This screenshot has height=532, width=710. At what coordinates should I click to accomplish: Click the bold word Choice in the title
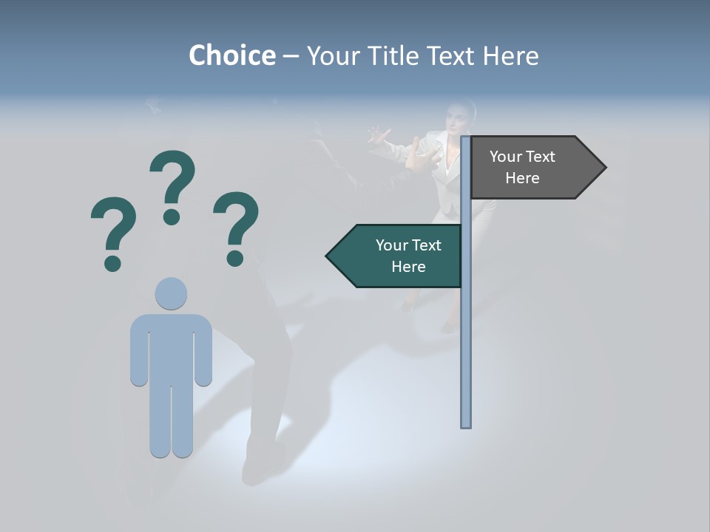[x=231, y=55]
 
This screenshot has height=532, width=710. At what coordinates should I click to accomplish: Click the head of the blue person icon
[x=171, y=293]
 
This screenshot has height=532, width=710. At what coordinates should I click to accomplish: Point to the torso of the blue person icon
[x=171, y=347]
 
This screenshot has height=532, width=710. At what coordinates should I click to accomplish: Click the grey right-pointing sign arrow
[x=532, y=168]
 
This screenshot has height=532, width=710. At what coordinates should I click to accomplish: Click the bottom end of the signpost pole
[x=466, y=424]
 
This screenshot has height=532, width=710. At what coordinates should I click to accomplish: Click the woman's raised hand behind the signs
[x=379, y=135]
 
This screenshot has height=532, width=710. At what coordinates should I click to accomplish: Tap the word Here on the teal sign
[x=408, y=267]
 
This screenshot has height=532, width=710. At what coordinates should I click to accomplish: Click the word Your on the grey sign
[x=506, y=157]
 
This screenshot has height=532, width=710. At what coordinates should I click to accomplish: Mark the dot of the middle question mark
[x=172, y=216]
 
